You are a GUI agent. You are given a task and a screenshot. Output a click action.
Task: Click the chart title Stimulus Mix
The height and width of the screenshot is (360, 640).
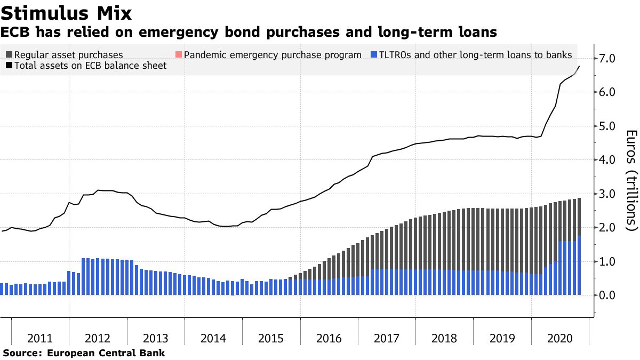point(67,12)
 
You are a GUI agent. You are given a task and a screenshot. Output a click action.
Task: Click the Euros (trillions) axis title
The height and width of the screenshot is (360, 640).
point(631,180)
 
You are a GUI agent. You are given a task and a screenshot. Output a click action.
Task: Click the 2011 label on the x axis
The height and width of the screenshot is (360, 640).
point(40,339)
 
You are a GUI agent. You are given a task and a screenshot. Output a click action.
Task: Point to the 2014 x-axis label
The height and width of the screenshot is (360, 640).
point(213,339)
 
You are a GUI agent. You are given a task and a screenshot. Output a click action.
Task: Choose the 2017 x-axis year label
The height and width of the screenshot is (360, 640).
point(387,339)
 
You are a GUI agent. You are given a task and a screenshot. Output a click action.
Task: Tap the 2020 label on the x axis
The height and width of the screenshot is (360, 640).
point(560,339)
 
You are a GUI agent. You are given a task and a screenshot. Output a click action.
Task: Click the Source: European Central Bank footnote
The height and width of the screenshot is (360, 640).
point(84,353)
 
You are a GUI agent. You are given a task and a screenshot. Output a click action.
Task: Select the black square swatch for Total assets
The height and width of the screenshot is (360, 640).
point(9,66)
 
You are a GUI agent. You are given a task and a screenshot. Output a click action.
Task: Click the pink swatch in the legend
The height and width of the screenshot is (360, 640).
point(179,54)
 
